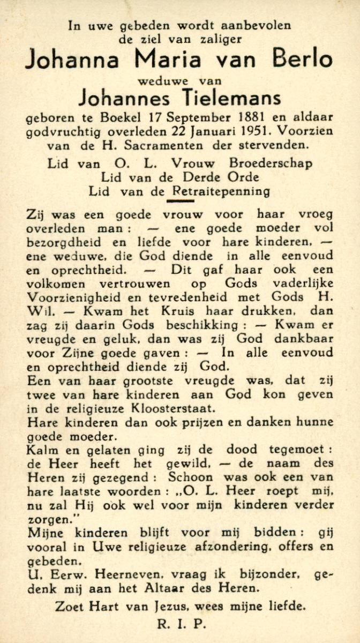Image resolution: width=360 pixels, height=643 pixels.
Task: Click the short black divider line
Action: (180, 201)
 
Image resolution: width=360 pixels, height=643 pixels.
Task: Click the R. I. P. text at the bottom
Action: (181, 624)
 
